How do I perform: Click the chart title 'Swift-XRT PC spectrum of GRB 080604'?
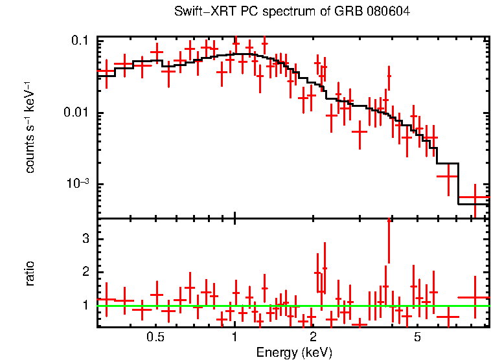[x=292, y=12]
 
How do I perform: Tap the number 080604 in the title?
[x=388, y=12]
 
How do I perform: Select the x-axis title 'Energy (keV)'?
[x=294, y=352]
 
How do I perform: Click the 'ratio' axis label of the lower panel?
[x=30, y=273]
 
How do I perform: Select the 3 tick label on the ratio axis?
[x=84, y=239]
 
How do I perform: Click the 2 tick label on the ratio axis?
[x=84, y=272]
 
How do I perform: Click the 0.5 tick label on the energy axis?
[x=155, y=337]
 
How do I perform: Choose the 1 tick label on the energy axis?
[x=235, y=337]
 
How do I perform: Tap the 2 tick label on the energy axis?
[x=314, y=337]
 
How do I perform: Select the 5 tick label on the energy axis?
[x=418, y=337]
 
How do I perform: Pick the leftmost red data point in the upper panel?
[x=106, y=71]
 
